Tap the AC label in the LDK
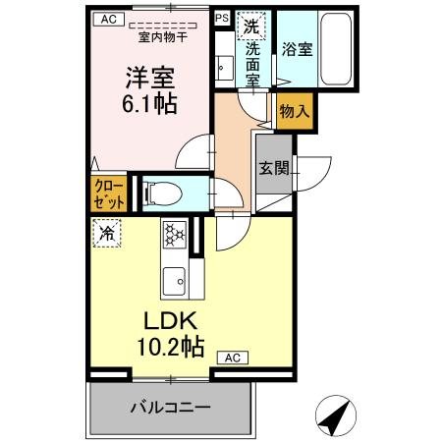point(232,358)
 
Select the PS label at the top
point(221,18)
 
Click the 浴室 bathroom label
point(298,48)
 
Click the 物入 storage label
point(294,112)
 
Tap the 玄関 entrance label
point(275,168)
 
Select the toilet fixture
point(156,193)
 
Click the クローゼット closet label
point(109,192)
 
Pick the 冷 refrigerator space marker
point(106,234)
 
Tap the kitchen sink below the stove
point(175,279)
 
